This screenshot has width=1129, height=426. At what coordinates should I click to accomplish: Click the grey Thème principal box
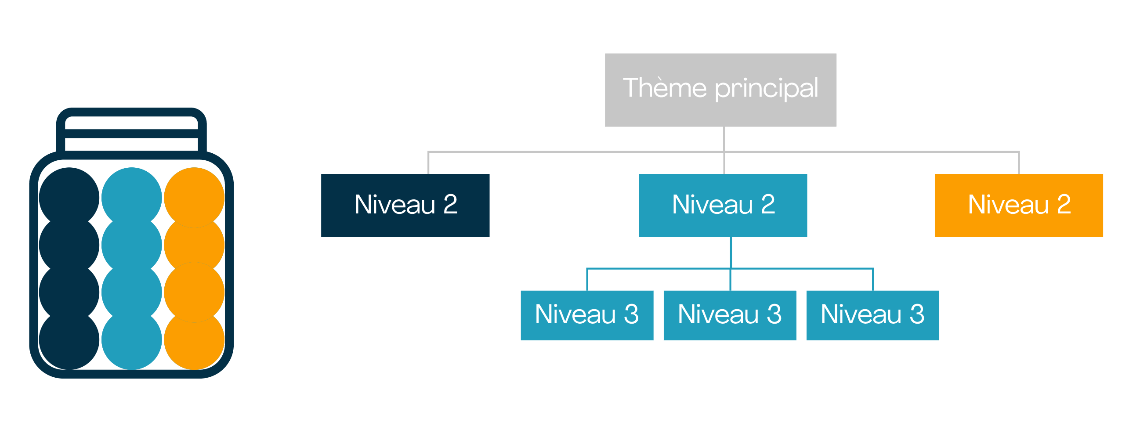720,90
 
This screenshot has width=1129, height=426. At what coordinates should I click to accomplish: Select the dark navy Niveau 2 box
405,206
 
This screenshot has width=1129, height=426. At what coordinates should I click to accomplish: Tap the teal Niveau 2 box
723,206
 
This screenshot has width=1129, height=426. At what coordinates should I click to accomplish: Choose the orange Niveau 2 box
1019,206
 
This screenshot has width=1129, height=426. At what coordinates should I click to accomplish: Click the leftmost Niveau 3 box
587,315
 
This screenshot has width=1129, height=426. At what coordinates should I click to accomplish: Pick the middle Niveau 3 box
730,315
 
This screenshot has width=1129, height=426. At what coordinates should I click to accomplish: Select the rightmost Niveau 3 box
872,315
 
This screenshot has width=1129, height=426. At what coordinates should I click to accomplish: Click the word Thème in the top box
665,87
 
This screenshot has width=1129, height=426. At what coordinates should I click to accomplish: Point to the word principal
767,89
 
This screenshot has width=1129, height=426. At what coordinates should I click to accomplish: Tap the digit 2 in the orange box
1064,204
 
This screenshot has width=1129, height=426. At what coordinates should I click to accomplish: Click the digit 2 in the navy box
450,204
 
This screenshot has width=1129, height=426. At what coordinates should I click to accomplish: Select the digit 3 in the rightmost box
917,314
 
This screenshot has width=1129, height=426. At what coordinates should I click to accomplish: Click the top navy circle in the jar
69,198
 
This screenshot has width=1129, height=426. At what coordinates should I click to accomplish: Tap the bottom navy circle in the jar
69,339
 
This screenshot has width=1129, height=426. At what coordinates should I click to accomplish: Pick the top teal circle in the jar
132,198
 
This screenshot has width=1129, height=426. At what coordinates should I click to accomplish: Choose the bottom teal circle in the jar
132,339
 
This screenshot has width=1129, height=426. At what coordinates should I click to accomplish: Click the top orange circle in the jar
194,198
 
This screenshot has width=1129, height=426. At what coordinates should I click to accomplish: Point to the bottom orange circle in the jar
194,339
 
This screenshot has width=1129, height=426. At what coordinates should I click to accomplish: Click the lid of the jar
131,134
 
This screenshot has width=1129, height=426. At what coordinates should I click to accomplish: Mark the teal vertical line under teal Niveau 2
731,253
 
